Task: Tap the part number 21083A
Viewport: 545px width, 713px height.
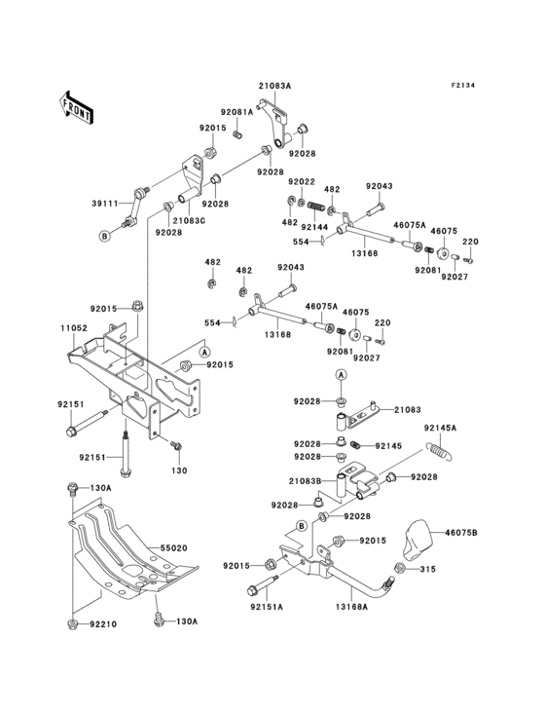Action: pyautogui.click(x=274, y=86)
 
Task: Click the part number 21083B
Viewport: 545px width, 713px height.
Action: pyautogui.click(x=305, y=481)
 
